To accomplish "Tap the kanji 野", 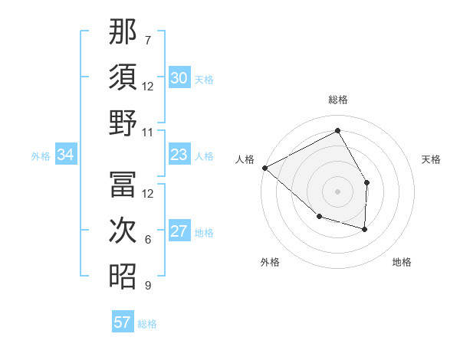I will tap(123, 123).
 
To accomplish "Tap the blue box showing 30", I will tap(179, 78).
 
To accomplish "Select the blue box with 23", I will tap(179, 155).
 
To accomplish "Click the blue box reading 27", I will tap(179, 232).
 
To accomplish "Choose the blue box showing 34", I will tap(66, 155).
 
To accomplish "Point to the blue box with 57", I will tap(123, 322).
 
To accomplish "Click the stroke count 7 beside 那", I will tap(148, 40).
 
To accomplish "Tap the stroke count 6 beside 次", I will tap(148, 240).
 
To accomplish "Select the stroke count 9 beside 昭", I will tap(148, 286).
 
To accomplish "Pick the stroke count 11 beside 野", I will tap(148, 132).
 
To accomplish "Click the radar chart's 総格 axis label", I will tap(337, 100).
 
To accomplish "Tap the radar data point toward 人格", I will tap(264, 168).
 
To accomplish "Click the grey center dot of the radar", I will tap(337, 191).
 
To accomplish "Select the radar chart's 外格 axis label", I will tap(270, 262).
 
